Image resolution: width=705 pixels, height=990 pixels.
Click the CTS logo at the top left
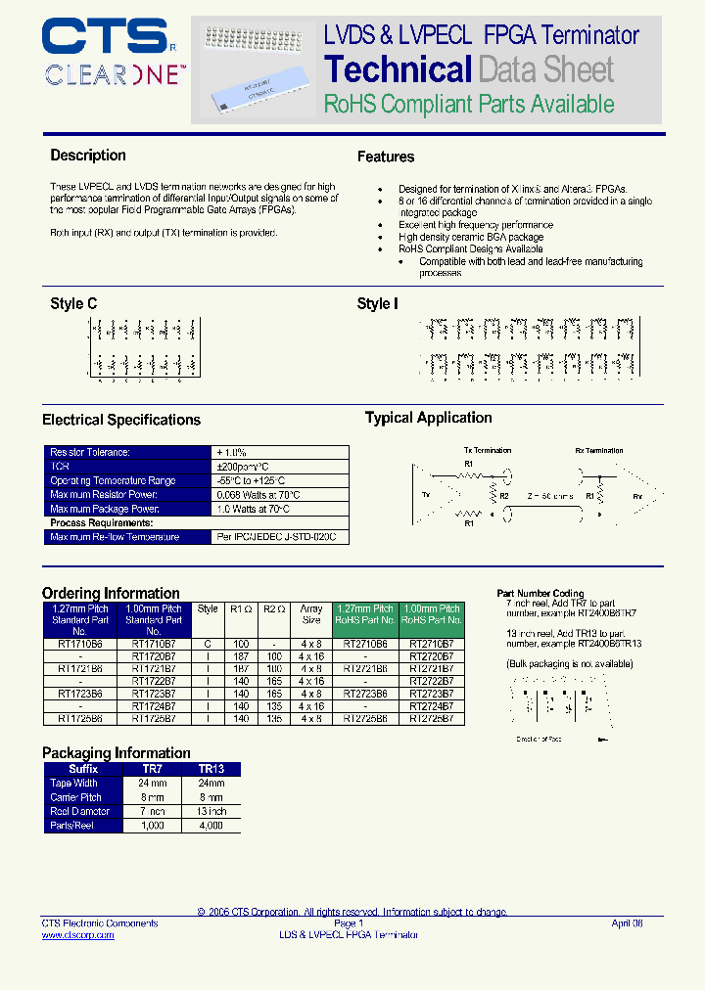coord(106,38)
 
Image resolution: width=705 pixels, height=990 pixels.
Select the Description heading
coord(88,156)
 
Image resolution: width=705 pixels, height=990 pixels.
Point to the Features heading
coord(385,157)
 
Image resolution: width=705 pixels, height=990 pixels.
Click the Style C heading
coord(73,304)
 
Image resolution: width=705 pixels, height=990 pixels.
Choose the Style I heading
coord(377,304)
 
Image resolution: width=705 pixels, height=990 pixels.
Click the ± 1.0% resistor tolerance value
coord(232,453)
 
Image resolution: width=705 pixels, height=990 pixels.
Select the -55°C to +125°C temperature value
coord(251,481)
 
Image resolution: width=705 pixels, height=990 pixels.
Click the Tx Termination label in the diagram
coord(487,451)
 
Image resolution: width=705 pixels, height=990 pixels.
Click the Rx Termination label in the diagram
coord(598,451)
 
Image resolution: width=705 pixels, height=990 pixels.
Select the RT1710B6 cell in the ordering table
coord(80,645)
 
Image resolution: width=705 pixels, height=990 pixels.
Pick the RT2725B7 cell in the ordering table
coord(432,719)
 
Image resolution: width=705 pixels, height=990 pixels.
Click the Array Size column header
coord(311,614)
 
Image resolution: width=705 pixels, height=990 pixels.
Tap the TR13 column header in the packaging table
coord(211,769)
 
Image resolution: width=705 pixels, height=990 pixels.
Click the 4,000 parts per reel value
coord(211,826)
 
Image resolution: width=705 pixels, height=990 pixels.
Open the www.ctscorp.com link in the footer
coord(77,935)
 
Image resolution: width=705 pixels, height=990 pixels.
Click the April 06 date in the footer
coord(627,923)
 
